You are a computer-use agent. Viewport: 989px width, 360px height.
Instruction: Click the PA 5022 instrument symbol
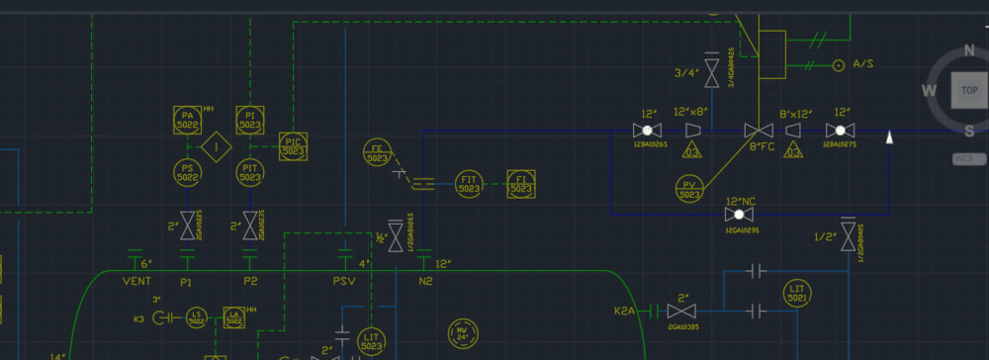[x=187, y=121]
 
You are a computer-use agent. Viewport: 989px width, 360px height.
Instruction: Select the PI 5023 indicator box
[x=250, y=121]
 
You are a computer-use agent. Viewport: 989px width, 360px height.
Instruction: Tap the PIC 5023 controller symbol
[x=293, y=146]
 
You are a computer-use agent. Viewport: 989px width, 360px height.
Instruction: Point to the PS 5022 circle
[x=187, y=173]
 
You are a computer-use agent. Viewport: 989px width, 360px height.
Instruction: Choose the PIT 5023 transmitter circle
[x=250, y=173]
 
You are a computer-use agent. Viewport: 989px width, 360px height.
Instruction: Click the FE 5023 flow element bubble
[x=377, y=152]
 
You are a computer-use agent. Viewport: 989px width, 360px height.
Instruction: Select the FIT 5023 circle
[x=469, y=184]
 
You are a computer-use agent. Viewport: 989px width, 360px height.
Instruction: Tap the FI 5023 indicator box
[x=521, y=184]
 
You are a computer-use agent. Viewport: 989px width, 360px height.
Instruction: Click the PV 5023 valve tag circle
[x=688, y=189]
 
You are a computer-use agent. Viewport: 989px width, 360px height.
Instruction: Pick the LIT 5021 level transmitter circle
[x=798, y=292]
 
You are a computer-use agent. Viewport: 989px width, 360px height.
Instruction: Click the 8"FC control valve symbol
[x=759, y=131]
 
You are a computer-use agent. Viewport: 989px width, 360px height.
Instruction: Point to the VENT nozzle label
[x=136, y=282]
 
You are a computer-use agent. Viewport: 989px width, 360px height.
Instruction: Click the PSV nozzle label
[x=344, y=282]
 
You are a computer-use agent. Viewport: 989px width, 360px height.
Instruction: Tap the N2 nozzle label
[x=425, y=282]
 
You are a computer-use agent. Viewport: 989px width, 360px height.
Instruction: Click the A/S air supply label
[x=863, y=64]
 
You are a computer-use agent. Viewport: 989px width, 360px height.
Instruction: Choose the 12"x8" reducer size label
[x=690, y=112]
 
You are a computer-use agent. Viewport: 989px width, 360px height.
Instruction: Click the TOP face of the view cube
[x=968, y=90]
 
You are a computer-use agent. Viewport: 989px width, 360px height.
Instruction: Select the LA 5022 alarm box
[x=233, y=317]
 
